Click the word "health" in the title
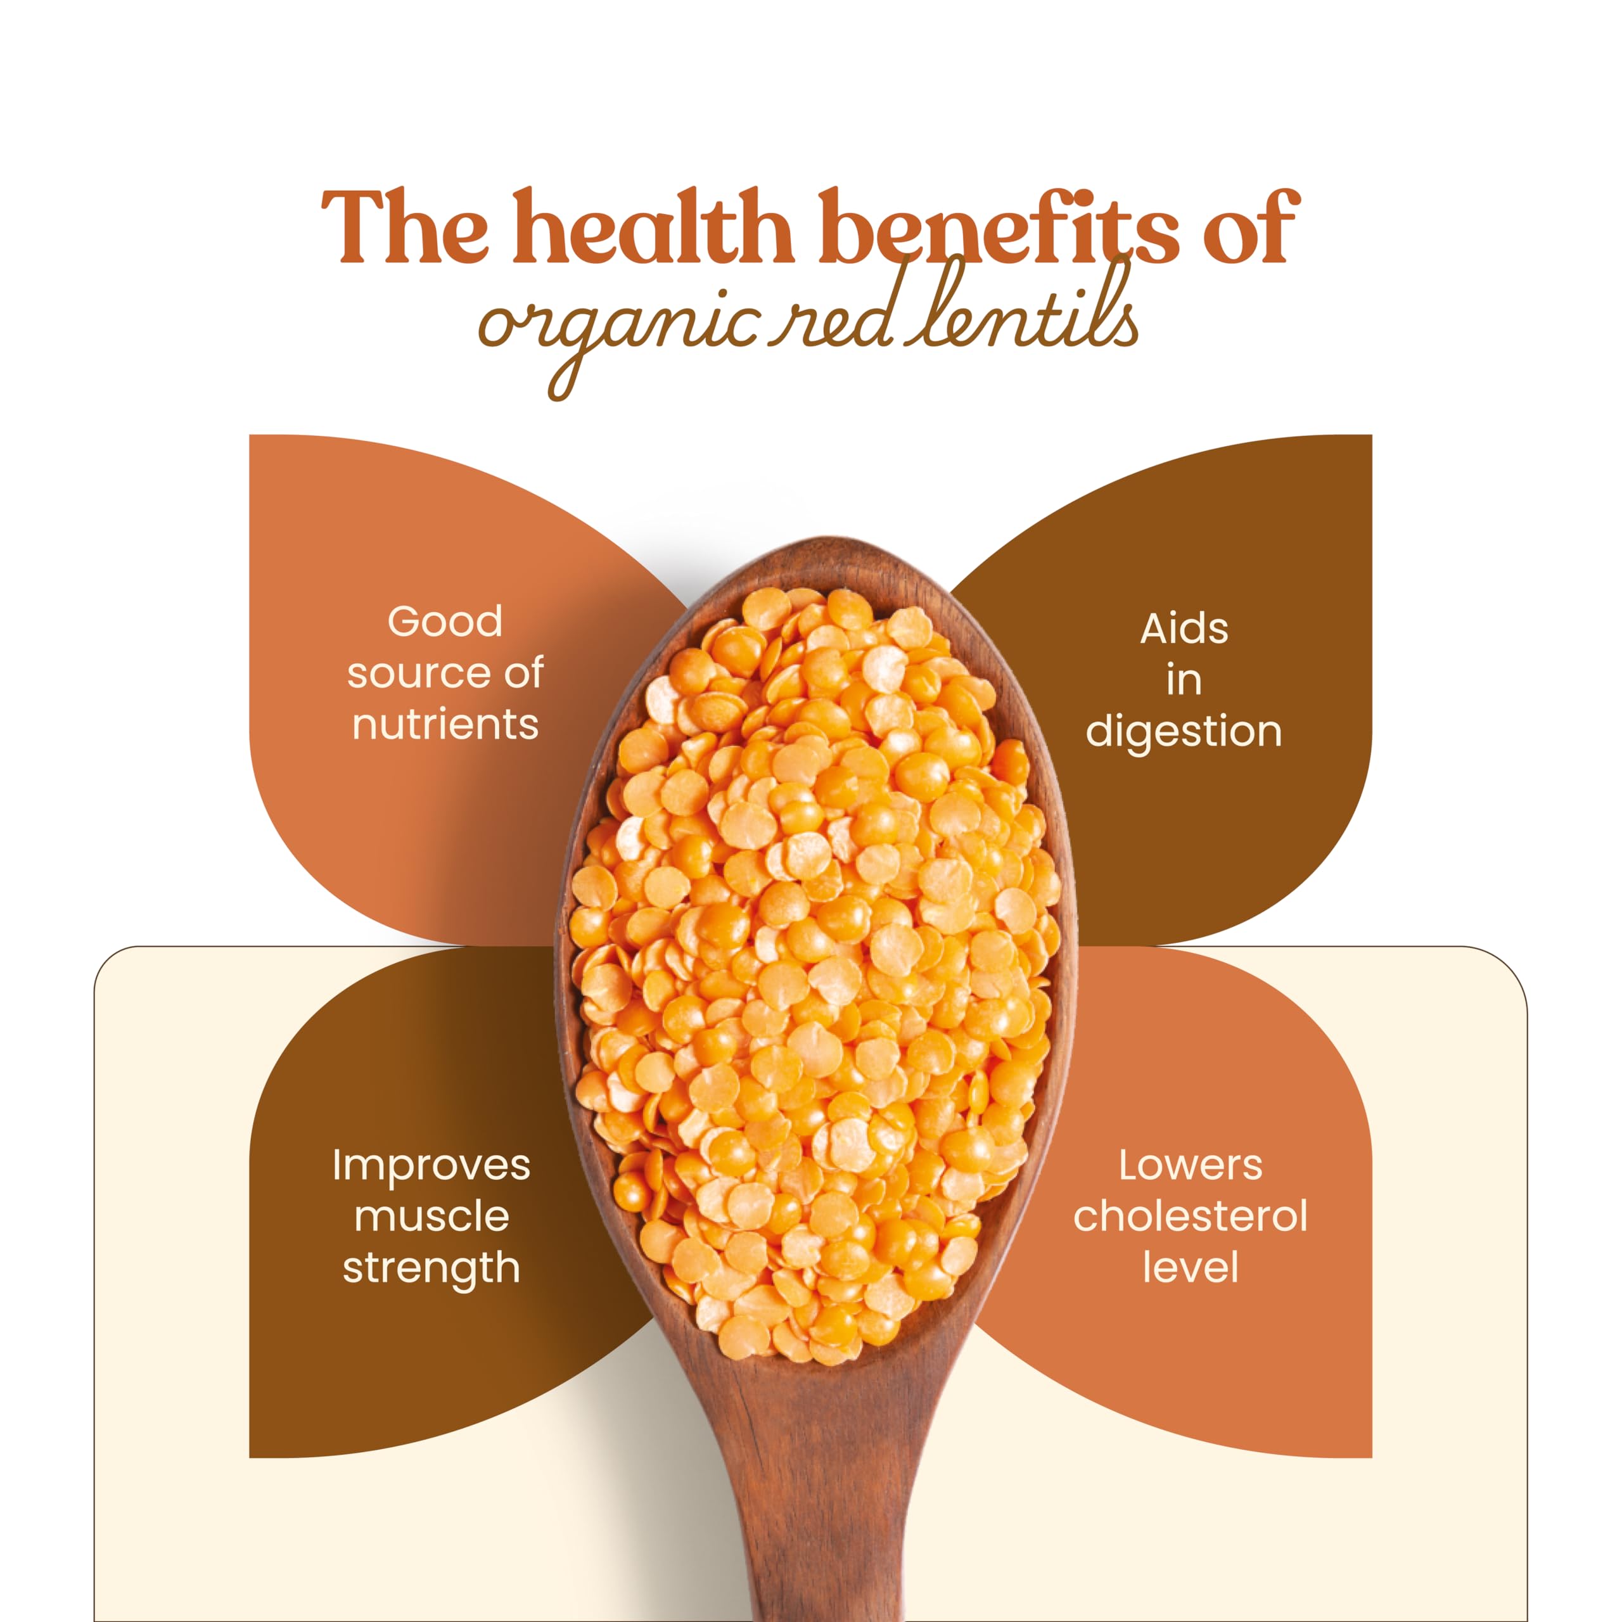coord(653,225)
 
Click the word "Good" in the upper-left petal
coord(445,622)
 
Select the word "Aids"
coord(1184,629)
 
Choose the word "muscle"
coord(431,1216)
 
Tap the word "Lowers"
coord(1190,1165)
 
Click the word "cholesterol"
coord(1190,1216)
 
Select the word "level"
coord(1190,1268)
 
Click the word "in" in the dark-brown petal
coord(1184,680)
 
